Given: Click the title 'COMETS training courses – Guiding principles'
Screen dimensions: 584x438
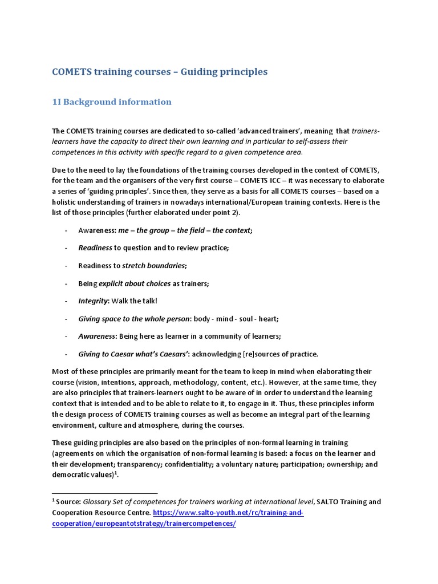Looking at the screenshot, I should [x=160, y=72].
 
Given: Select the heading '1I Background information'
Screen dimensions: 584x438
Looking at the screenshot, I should [x=112, y=102].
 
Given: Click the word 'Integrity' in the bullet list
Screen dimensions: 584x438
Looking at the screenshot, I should [x=93, y=301].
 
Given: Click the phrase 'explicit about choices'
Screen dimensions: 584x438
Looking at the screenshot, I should [x=135, y=283].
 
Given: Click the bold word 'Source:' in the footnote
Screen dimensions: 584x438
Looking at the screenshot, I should [x=68, y=502].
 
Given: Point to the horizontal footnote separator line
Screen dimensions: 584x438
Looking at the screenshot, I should [x=104, y=493].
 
